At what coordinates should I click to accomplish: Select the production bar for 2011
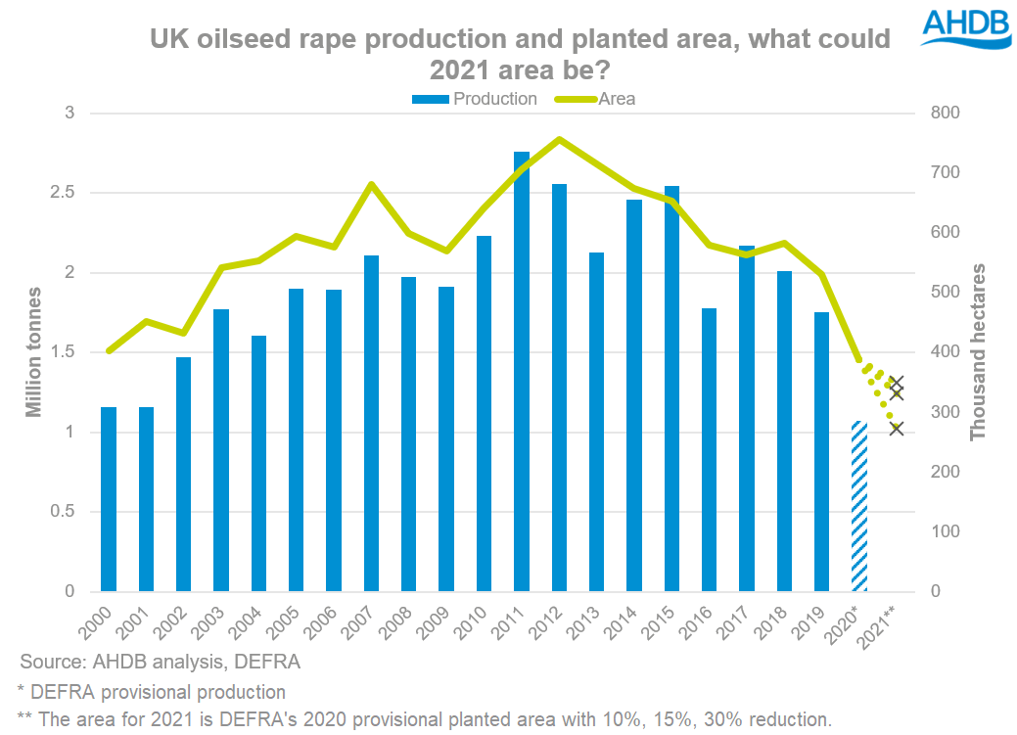tap(522, 372)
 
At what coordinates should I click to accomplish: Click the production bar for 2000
tap(109, 499)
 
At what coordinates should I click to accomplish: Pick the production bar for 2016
tap(709, 450)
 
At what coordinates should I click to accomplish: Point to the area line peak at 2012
tap(559, 139)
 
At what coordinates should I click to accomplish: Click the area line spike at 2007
tap(371, 184)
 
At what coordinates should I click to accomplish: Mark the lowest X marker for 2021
tap(897, 427)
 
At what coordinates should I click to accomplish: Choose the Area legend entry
tap(597, 99)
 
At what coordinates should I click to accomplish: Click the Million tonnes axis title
tap(34, 352)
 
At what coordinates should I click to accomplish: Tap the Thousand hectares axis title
tap(978, 352)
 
